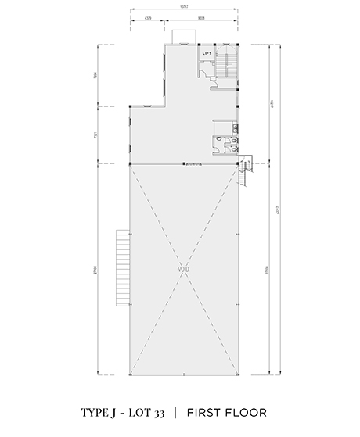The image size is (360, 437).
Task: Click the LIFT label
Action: [x=207, y=53]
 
